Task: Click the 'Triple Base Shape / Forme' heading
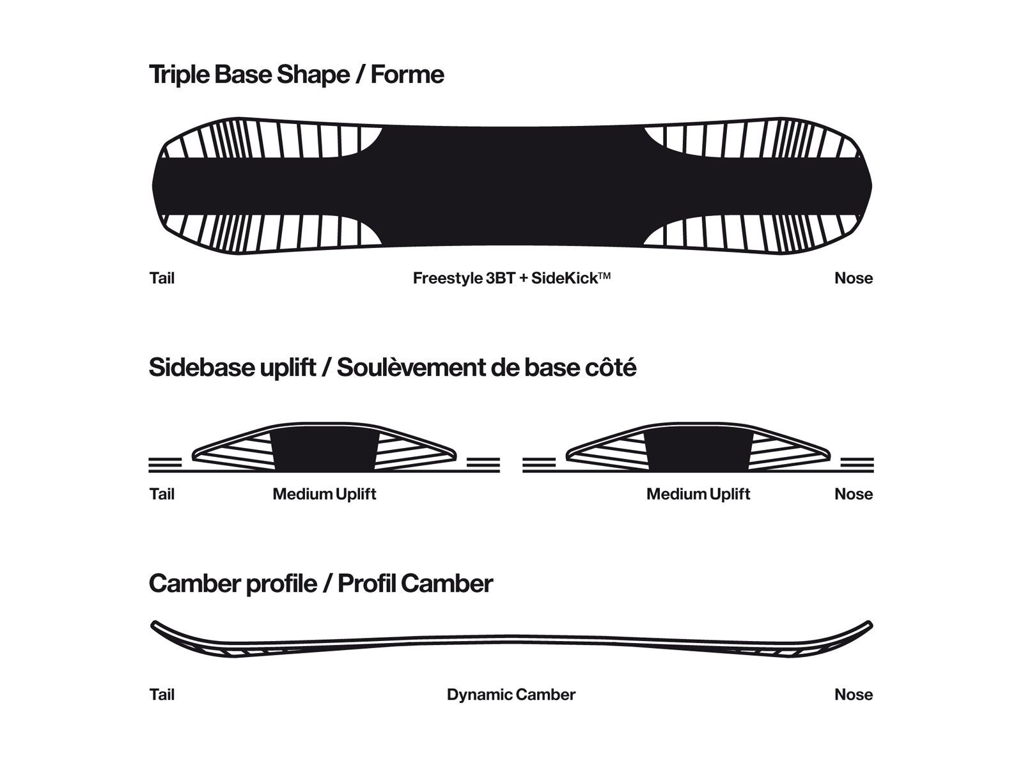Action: coord(296,74)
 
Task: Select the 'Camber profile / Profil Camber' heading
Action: coord(321,584)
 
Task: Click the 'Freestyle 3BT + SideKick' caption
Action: coord(511,278)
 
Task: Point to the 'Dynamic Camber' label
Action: coord(511,695)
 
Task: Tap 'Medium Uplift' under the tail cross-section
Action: coord(324,494)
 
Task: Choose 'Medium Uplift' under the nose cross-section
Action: coord(698,494)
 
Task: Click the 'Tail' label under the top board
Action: coord(162,278)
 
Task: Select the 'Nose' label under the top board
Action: coord(854,278)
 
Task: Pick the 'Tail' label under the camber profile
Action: coord(162,695)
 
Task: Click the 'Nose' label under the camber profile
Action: coord(854,695)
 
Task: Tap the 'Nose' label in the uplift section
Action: coord(854,494)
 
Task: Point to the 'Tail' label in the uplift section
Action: coord(162,494)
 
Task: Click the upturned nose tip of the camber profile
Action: coord(870,623)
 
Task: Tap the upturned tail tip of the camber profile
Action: coord(153,623)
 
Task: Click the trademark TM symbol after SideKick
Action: coord(605,275)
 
